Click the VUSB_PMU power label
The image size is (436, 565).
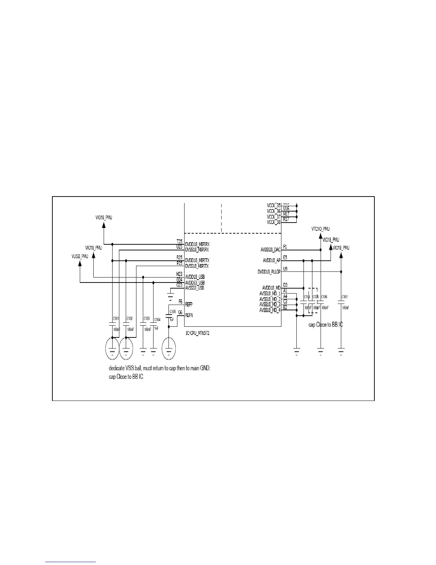point(80,256)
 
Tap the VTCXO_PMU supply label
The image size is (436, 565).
point(321,229)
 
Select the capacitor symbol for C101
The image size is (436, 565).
point(113,324)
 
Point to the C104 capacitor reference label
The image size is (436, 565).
point(157,320)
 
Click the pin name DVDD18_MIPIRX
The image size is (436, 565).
point(197,244)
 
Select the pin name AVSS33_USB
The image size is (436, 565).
point(194,287)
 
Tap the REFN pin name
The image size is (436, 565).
point(189,315)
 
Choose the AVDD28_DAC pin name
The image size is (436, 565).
point(270,250)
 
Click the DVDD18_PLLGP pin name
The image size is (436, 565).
point(269,272)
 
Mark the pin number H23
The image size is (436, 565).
point(179,274)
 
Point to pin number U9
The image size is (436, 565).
point(285,269)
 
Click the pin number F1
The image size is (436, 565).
point(285,247)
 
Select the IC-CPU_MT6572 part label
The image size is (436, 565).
point(197,333)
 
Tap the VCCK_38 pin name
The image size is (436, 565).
point(274,222)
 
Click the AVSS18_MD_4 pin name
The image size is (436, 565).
point(270,310)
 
